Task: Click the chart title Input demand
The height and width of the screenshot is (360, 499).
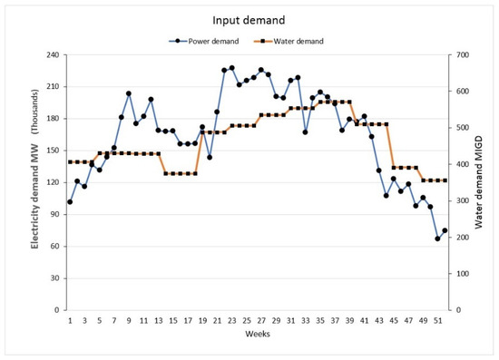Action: click(249, 20)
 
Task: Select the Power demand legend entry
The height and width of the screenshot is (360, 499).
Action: click(203, 41)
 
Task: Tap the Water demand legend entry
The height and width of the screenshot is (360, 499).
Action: click(289, 41)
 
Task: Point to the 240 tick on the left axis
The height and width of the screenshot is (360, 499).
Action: click(53, 55)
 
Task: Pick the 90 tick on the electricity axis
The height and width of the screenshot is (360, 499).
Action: click(55, 214)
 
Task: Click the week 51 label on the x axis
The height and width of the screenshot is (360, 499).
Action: click(437, 321)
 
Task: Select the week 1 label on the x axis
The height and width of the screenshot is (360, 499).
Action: click(70, 321)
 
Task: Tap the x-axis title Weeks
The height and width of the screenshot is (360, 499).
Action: click(258, 334)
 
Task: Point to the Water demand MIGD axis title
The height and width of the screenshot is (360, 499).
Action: click(479, 182)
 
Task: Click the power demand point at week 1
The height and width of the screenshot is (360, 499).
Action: click(70, 202)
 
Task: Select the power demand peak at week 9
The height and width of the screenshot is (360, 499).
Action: click(129, 93)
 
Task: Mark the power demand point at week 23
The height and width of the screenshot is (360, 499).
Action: click(231, 68)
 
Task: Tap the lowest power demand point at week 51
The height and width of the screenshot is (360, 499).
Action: click(437, 238)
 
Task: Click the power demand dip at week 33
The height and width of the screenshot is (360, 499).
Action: click(305, 132)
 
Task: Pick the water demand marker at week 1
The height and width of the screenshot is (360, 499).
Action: click(70, 162)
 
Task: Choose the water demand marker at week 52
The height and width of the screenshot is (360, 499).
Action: click(445, 180)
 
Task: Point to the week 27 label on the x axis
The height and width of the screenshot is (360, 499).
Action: click(261, 321)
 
